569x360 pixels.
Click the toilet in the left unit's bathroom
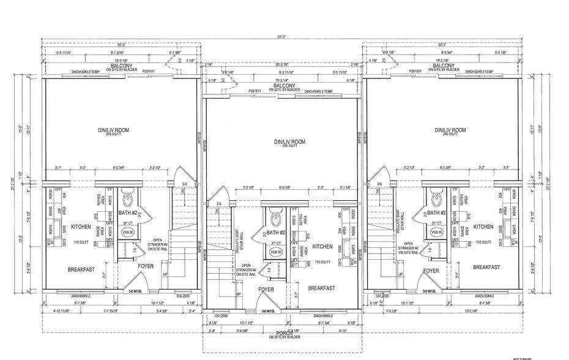[128, 199]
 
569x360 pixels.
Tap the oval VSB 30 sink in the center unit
[275, 252]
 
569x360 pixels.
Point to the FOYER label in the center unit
[266, 289]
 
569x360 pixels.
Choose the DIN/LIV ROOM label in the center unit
[282, 142]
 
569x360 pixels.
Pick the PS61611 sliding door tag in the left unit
[148, 72]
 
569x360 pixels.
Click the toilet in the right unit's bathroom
[436, 199]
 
